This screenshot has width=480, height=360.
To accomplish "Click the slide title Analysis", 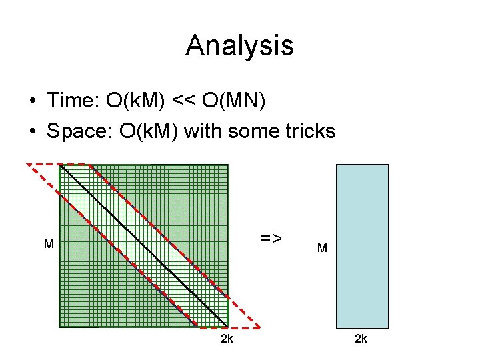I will coord(239,45).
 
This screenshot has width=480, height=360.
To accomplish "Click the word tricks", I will coord(311,131).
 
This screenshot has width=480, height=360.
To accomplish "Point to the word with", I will coord(204,131).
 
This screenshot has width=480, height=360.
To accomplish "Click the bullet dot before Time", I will coord(31,101).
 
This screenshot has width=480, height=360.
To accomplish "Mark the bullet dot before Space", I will coord(31,131).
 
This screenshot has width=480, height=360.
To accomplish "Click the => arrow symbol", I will coord(271,237).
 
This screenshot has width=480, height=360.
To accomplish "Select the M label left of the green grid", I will coord(49,245).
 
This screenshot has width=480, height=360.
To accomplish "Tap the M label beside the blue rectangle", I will coord(322,248).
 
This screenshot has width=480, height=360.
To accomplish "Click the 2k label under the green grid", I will coord(227,339).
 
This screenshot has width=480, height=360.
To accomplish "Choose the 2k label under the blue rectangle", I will coord(361,339).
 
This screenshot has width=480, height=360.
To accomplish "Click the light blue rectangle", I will coord(362,245).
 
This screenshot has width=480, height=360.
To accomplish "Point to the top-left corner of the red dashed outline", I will coord(27,164).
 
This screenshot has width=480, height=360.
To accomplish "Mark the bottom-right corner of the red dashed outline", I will coord(260,327).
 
